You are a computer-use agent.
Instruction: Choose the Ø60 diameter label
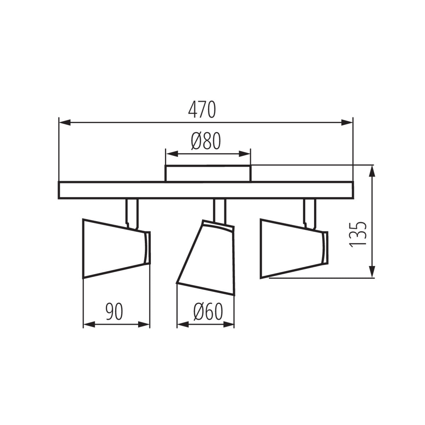pyautogui.click(x=208, y=312)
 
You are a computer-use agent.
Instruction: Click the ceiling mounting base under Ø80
pyautogui.click(x=208, y=174)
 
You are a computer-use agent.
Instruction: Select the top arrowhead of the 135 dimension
pyautogui.click(x=372, y=172)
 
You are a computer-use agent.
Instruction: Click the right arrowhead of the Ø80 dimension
pyautogui.click(x=245, y=154)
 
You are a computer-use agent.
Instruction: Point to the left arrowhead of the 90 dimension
pyautogui.click(x=89, y=324)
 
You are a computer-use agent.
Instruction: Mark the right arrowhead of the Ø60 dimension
pyautogui.click(x=229, y=324)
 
